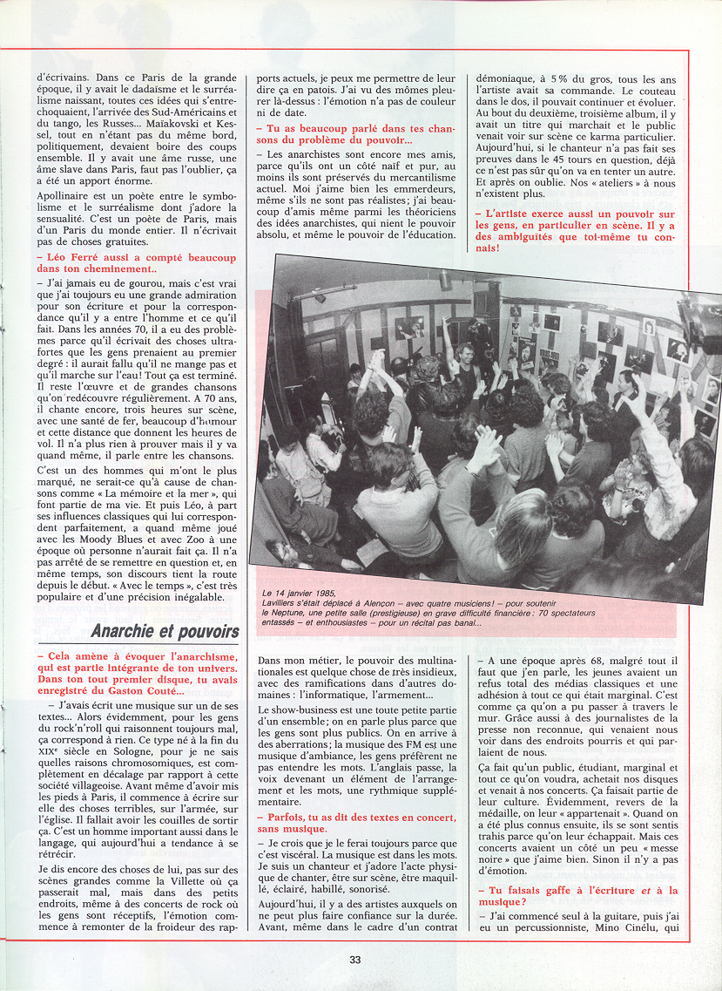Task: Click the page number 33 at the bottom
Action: tap(355, 960)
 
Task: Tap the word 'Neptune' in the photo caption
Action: tap(296, 614)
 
